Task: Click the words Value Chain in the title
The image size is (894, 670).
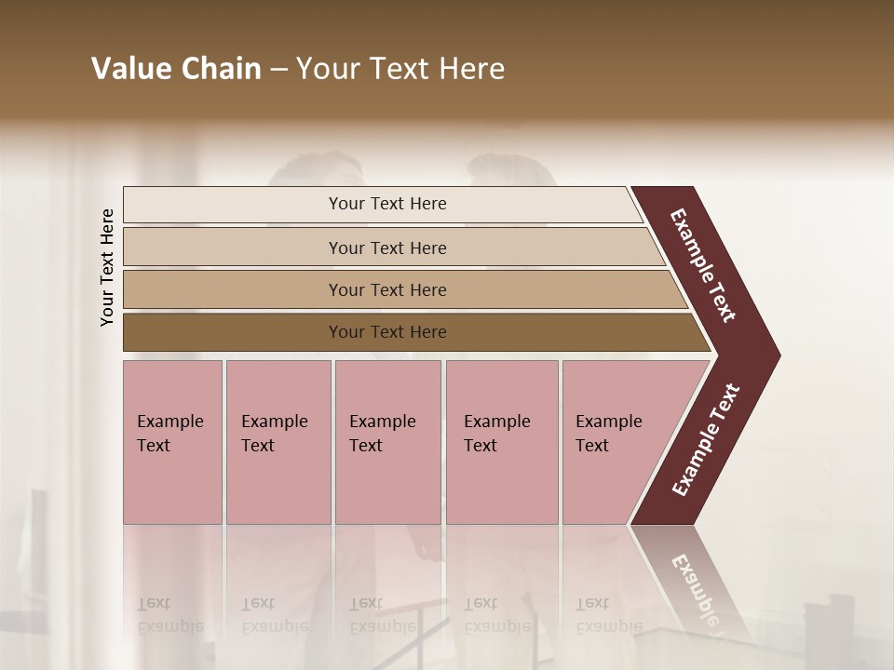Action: tap(176, 69)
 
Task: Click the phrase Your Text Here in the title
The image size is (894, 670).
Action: tap(400, 69)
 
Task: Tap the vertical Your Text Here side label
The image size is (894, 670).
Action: tap(108, 267)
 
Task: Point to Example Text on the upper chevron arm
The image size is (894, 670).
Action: tap(703, 265)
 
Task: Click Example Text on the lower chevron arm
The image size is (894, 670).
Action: tap(706, 439)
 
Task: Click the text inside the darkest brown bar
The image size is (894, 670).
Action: tap(387, 332)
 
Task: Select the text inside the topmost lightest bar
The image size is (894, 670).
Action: tap(387, 204)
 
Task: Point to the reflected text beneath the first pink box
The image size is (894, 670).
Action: tap(168, 615)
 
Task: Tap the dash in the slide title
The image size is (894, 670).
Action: tap(278, 70)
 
